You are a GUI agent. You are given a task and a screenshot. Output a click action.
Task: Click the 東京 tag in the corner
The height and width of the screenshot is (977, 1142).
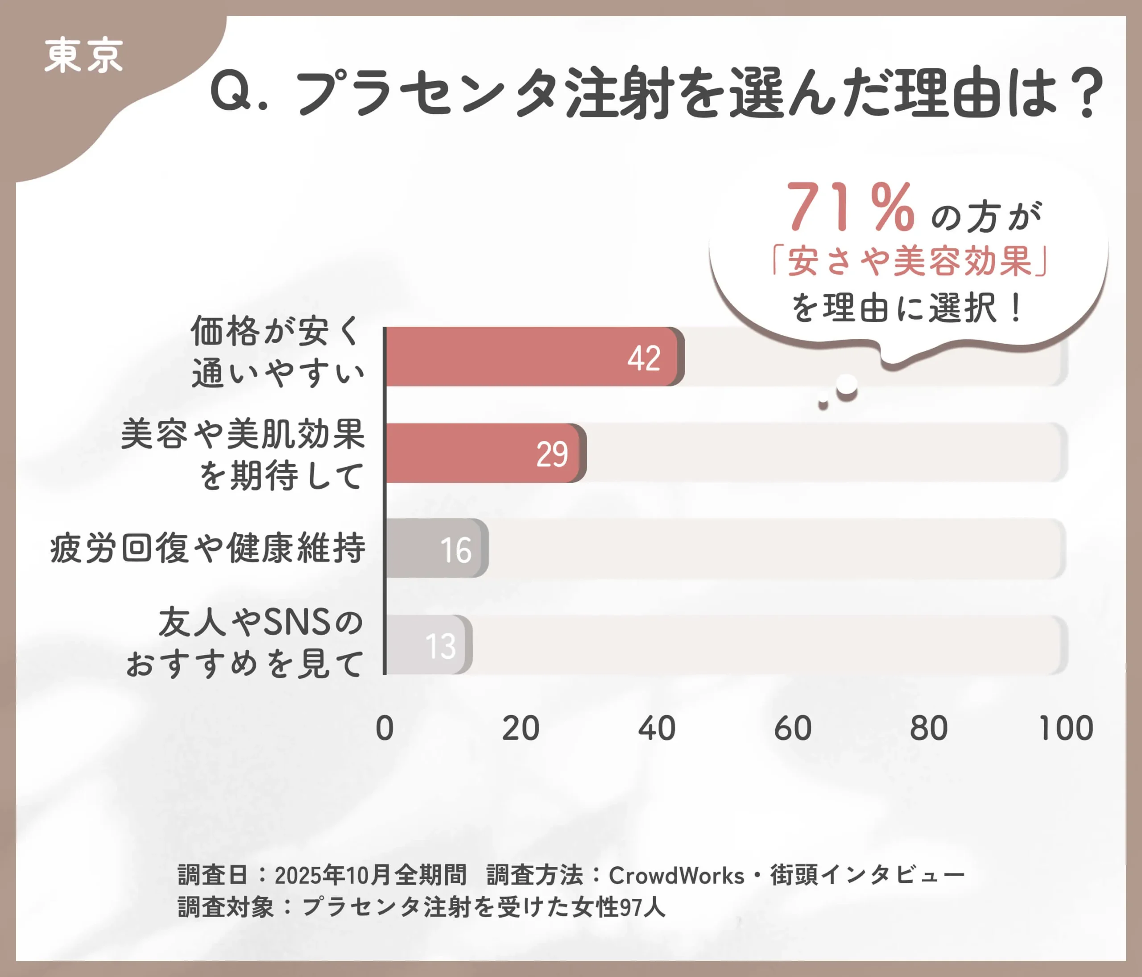tap(83, 56)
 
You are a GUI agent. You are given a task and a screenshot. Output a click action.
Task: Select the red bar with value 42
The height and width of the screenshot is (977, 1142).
tap(532, 356)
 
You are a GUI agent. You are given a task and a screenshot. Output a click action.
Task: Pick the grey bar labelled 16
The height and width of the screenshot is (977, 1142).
tap(435, 548)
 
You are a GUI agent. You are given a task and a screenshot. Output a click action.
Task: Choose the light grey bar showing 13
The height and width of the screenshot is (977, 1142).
tap(428, 644)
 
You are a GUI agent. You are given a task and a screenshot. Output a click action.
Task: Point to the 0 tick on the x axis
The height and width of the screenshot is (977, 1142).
tap(384, 728)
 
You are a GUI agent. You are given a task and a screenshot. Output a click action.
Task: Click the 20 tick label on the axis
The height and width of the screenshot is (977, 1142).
tap(520, 728)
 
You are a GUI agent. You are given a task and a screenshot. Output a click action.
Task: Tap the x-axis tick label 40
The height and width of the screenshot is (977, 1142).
tap(657, 728)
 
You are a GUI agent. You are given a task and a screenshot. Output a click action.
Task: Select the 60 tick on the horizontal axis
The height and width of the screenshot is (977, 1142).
tap(793, 728)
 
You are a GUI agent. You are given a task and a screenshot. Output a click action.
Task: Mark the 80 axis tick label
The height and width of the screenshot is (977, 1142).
tap(929, 728)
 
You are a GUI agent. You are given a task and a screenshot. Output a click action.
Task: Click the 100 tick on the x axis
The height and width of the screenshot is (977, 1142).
tap(1066, 728)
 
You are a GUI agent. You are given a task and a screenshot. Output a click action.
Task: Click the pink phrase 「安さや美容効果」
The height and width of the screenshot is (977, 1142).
tap(910, 261)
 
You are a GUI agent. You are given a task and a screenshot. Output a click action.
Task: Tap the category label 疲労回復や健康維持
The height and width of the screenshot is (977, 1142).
tap(207, 548)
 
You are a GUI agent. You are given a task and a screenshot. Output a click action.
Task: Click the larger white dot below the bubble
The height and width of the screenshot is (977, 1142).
tap(847, 385)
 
